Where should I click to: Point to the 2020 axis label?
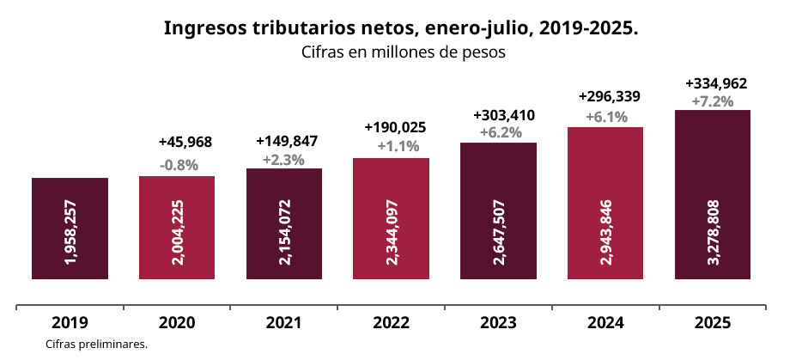pyautogui.click(x=177, y=323)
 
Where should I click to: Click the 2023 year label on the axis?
pyautogui.click(x=498, y=323)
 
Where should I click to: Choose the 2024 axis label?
pyautogui.click(x=605, y=323)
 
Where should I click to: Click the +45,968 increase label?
pyautogui.click(x=185, y=142)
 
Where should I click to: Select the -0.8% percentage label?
pyautogui.click(x=179, y=164)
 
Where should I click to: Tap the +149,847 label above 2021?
pyautogui.click(x=288, y=141)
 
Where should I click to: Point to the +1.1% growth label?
pyautogui.click(x=398, y=146)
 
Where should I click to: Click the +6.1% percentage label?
pyautogui.click(x=606, y=116)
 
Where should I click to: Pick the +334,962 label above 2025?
pyautogui.click(x=716, y=83)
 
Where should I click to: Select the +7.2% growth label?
pyautogui.click(x=713, y=101)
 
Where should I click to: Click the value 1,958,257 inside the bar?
pyautogui.click(x=70, y=229)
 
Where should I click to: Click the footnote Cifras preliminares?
pyautogui.click(x=98, y=345)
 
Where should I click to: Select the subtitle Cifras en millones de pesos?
pyautogui.click(x=401, y=52)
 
